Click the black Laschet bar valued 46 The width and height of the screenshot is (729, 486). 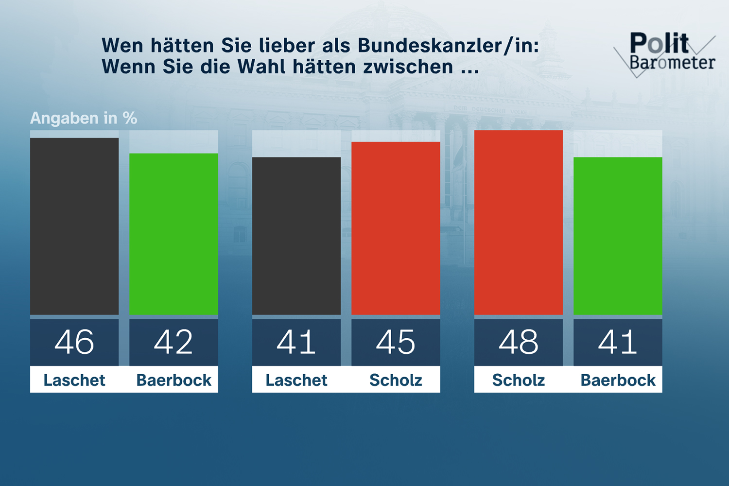click(74, 226)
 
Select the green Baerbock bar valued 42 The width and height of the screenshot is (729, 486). click(174, 234)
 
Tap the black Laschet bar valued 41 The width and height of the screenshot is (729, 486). click(296, 236)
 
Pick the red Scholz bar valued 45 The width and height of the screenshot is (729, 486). click(396, 228)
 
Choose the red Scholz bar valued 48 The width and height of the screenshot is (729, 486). click(519, 222)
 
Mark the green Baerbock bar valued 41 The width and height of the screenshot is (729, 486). click(618, 236)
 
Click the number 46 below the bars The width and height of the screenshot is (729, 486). click(74, 342)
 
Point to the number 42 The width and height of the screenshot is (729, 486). click(174, 342)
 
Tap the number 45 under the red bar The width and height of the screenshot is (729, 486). click(396, 342)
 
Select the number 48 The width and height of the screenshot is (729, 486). click(519, 342)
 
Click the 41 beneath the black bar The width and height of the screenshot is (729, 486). click(296, 342)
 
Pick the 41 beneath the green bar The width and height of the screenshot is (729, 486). click(618, 342)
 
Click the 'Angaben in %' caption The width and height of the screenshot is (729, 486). click(84, 118)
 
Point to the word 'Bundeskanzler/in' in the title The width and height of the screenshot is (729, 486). click(448, 46)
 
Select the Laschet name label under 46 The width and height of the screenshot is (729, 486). click(74, 380)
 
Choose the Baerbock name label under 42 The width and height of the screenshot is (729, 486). click(174, 380)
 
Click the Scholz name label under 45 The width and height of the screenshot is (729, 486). click(396, 380)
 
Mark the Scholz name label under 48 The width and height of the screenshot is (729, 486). click(519, 380)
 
